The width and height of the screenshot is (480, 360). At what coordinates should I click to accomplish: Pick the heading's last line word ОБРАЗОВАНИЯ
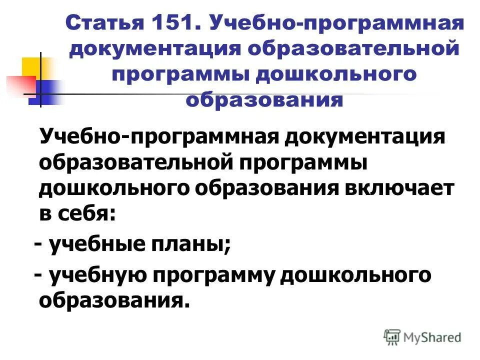pos(265,100)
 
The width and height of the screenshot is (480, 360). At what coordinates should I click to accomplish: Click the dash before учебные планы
pos(38,245)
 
